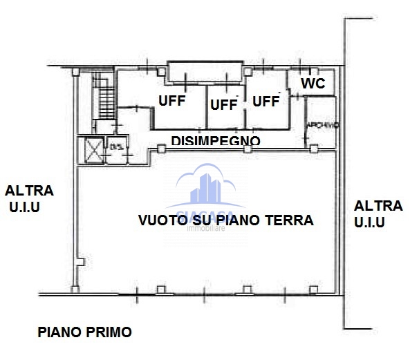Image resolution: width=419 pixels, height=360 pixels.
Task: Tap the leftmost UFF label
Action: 172,100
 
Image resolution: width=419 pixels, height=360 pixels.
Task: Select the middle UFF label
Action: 223,104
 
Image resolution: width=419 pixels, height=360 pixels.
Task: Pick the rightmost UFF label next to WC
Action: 266,101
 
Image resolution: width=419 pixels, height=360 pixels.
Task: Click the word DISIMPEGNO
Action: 216,140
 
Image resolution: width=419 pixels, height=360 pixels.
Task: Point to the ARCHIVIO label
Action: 322,125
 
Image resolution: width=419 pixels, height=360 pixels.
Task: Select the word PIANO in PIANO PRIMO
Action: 60,332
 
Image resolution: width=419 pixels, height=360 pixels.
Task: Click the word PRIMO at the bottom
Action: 109,332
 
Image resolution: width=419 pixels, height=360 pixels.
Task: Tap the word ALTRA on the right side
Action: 378,205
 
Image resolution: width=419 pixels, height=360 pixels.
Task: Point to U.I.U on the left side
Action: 25,207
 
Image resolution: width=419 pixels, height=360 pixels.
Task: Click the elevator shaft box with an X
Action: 92,149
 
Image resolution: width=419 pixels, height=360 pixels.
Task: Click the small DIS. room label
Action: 115,146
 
